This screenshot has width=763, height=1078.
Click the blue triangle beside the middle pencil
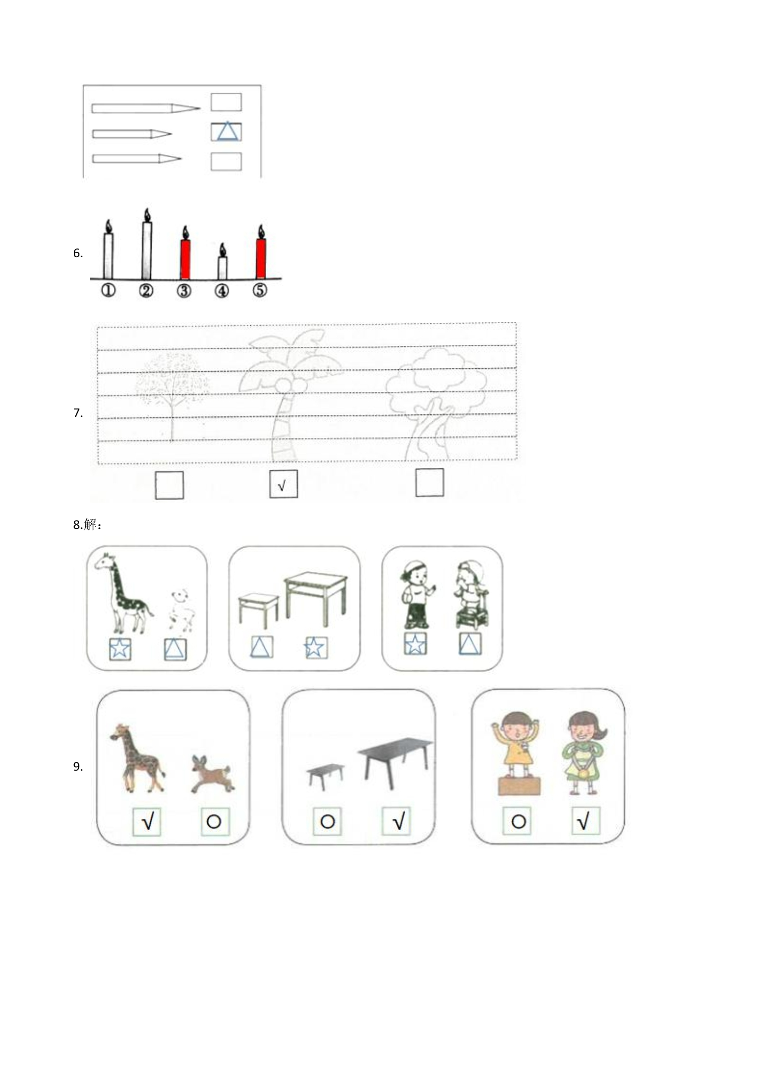pos(227,132)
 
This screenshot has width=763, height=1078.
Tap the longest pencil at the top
pos(146,108)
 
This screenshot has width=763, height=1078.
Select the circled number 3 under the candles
pos(184,291)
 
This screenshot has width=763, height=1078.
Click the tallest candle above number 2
pos(147,244)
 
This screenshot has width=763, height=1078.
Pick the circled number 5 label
pos(260,290)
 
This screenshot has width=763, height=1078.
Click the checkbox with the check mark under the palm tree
pos(284,484)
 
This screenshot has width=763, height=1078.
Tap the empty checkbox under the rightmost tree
pos(429,483)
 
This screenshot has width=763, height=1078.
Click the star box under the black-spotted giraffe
pos(120,649)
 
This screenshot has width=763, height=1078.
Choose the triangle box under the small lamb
pos(175,649)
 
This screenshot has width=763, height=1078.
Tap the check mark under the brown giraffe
pos(147,822)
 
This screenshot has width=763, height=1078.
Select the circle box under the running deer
pos(214,822)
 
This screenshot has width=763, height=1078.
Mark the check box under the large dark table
pos(396,821)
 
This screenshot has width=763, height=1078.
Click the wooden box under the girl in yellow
pos(519,786)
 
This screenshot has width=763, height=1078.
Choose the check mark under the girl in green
pos(585,821)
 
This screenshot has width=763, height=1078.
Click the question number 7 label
pos(78,413)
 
